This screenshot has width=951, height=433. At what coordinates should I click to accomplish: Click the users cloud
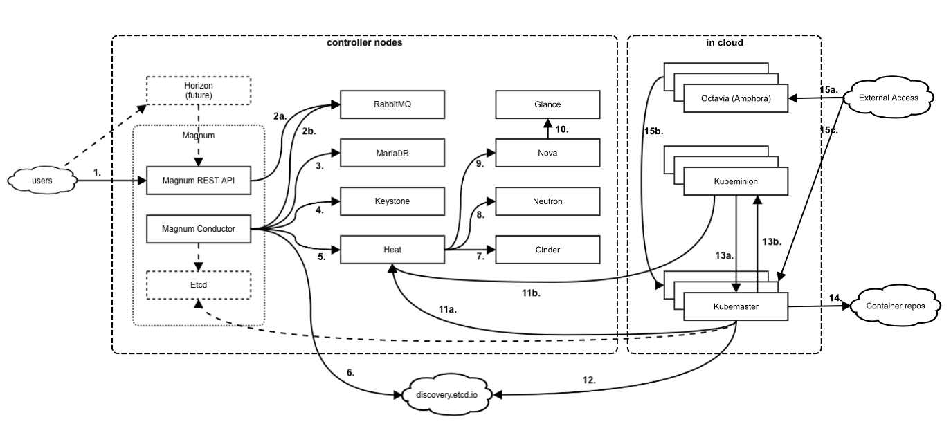(41, 181)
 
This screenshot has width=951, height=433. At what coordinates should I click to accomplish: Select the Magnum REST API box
(199, 181)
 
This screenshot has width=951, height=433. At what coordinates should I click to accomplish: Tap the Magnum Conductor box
(199, 229)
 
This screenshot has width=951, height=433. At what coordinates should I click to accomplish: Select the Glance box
(547, 104)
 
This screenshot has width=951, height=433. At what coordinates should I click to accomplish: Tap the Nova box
(547, 153)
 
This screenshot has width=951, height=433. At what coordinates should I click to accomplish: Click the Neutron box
(547, 201)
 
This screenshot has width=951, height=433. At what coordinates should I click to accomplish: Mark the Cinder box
(547, 249)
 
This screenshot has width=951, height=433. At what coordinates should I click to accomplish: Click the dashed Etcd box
(199, 284)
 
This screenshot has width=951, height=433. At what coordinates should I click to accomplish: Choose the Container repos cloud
(896, 305)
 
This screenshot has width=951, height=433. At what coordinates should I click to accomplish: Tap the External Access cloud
(888, 98)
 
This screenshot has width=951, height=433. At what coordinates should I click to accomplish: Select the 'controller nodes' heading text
(364, 43)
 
